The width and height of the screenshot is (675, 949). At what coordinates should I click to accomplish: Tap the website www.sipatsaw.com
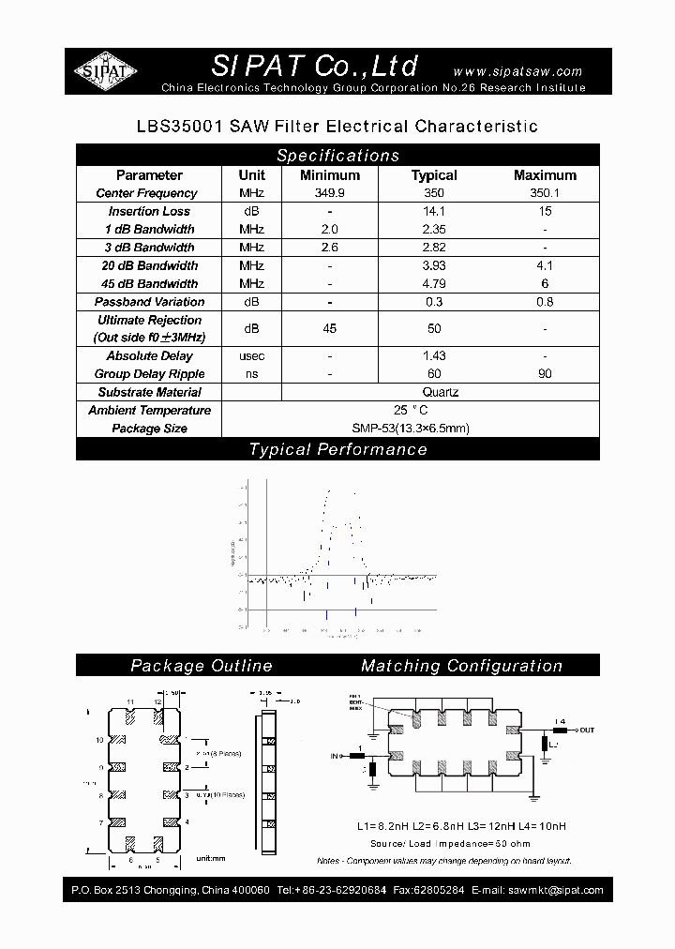pos(517,71)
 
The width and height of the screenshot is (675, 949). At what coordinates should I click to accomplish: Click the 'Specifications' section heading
pos(337,156)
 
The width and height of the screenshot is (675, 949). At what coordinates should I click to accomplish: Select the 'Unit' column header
pos(251,175)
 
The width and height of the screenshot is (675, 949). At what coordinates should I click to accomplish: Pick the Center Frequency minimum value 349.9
pos(329,193)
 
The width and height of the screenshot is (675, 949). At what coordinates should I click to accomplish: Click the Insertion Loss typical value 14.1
pos(434,212)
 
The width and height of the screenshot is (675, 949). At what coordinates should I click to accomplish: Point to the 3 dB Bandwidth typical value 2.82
pos(434,248)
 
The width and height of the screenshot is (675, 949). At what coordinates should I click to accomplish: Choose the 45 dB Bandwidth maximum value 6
pos(545,284)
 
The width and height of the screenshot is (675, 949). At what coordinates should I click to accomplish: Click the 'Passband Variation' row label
pos(149,302)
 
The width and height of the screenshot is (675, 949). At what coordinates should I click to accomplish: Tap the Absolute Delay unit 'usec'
pos(251,356)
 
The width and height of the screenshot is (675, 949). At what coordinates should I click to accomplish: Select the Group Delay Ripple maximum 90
pos(545,374)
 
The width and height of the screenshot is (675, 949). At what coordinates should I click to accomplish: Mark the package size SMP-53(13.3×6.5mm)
pos(410,429)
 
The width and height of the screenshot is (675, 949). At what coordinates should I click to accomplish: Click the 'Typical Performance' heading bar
pos(337,450)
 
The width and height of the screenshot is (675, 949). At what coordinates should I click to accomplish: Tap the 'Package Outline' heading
pos(201,666)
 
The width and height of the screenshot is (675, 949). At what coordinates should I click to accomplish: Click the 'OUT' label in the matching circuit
pos(587,729)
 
